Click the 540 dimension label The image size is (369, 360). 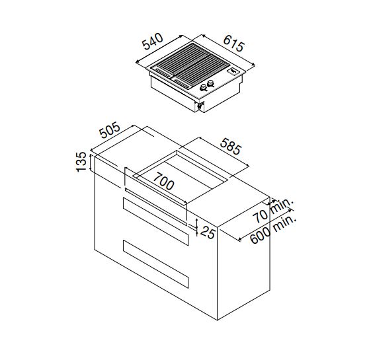tap(153, 41)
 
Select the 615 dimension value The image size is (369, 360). tap(233, 43)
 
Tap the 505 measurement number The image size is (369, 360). tap(110, 130)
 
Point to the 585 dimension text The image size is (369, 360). tap(231, 146)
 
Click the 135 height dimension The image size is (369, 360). tap(81, 162)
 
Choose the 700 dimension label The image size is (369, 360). tap(164, 181)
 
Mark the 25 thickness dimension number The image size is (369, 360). tap(208, 233)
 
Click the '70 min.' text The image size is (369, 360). tap(273, 211)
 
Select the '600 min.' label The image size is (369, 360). tap(272, 229)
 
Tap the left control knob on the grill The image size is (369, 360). tap(203, 88)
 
